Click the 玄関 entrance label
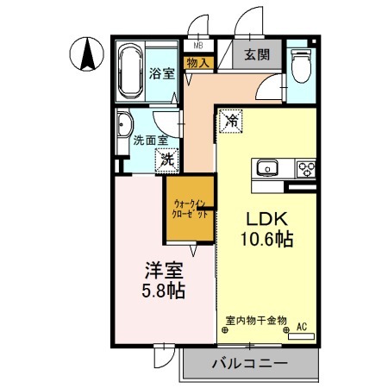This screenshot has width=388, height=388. [257, 56]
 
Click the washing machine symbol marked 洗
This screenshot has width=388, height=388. [166, 159]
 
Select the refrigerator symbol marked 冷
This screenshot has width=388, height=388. [230, 122]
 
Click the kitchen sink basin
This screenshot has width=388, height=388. [265, 166]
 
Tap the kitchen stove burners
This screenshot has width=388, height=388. [305, 166]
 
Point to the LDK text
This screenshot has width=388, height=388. [267, 219]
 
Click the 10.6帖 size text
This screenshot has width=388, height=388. [267, 241]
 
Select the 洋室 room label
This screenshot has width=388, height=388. [161, 270]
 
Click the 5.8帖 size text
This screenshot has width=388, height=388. [161, 291]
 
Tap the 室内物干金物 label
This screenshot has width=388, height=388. [256, 320]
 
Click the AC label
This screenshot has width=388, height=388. [302, 326]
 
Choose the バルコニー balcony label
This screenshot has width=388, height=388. [249, 364]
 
